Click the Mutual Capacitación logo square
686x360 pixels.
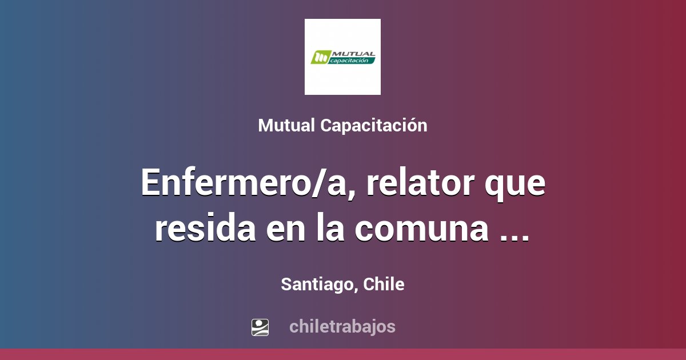click(x=342, y=57)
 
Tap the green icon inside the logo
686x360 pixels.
click(x=320, y=57)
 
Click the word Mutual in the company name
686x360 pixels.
click(x=286, y=126)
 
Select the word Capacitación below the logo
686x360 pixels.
click(x=373, y=126)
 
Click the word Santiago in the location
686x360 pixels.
click(x=317, y=285)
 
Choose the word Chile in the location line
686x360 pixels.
click(x=384, y=284)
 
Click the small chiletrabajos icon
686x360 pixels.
click(x=260, y=327)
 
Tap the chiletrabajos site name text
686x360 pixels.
click(x=342, y=327)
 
